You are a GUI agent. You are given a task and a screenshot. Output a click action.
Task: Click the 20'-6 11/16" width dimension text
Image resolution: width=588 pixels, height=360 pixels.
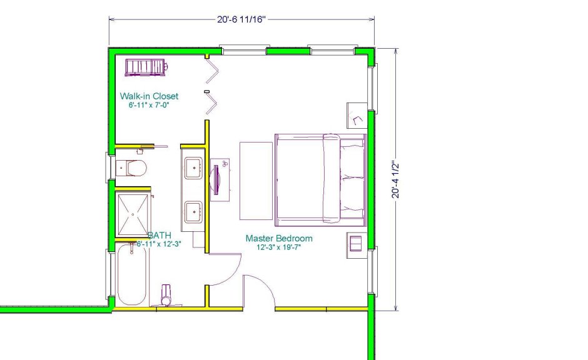click(x=241, y=19)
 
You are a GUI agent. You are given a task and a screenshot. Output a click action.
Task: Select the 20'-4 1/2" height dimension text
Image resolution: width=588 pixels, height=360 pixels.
click(x=395, y=180)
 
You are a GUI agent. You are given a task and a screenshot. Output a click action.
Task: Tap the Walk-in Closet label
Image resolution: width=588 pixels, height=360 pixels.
click(x=149, y=96)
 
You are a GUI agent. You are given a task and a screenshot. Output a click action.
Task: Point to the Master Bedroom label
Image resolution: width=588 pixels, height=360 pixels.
click(x=279, y=238)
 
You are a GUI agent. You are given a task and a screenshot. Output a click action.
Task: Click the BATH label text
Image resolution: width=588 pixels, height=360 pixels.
click(x=160, y=235)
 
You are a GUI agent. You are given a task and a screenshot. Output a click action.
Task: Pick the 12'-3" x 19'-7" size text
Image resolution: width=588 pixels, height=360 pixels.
click(x=279, y=247)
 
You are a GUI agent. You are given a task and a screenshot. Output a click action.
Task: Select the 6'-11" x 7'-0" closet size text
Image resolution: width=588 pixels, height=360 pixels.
click(x=149, y=105)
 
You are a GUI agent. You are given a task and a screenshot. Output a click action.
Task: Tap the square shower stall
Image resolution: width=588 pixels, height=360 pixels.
click(x=133, y=214)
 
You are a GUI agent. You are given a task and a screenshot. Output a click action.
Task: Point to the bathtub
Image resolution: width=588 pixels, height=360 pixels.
click(x=131, y=274)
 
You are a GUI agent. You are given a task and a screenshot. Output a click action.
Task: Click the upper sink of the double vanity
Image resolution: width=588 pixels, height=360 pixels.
click(x=193, y=168)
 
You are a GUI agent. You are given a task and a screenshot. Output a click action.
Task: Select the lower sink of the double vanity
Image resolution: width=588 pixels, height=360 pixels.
click(x=193, y=212)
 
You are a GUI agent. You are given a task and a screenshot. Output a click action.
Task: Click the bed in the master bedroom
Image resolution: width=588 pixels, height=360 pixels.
click(x=321, y=180)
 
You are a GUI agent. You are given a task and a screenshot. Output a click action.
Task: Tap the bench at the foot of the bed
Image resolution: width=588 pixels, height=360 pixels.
click(x=256, y=181)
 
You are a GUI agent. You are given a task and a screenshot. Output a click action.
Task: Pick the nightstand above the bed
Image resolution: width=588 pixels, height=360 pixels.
click(x=357, y=116)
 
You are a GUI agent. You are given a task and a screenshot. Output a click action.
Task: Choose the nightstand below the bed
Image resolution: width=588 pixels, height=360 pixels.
click(x=357, y=245)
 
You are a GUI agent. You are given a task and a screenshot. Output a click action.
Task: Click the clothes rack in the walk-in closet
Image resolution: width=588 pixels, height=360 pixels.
click(x=146, y=67)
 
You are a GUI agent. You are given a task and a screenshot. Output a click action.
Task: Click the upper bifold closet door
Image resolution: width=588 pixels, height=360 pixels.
click(x=212, y=71)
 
